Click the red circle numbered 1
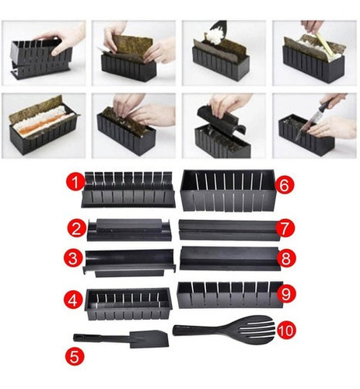(75, 182)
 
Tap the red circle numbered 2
(76, 229)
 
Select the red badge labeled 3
(73, 258)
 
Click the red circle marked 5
(75, 356)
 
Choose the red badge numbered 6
(285, 185)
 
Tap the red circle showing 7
(285, 228)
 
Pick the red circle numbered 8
(286, 258)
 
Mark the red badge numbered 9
(286, 294)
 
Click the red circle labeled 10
(286, 331)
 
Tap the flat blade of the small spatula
(149, 339)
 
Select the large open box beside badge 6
(227, 190)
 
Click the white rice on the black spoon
(214, 37)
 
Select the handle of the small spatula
(101, 338)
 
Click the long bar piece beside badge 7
(230, 230)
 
